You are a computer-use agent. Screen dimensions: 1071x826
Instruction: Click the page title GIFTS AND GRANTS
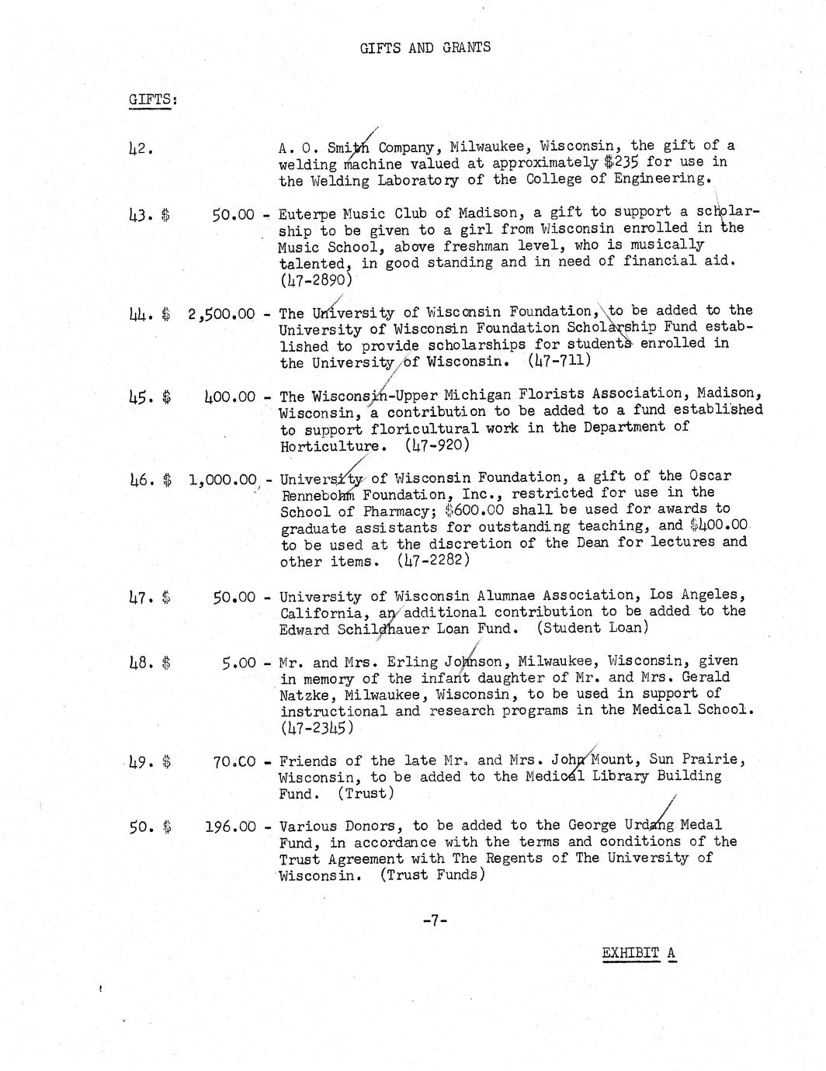pos(425,48)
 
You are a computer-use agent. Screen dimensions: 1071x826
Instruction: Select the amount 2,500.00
pos(221,314)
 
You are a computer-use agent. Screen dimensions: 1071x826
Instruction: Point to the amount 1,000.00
pos(222,480)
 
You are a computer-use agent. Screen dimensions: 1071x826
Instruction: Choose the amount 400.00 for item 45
pos(229,397)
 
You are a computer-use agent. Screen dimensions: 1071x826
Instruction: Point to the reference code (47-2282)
pos(433,560)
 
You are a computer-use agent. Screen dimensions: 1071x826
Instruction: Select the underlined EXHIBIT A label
pos(638,954)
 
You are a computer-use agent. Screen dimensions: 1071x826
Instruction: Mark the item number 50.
pos(140,827)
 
